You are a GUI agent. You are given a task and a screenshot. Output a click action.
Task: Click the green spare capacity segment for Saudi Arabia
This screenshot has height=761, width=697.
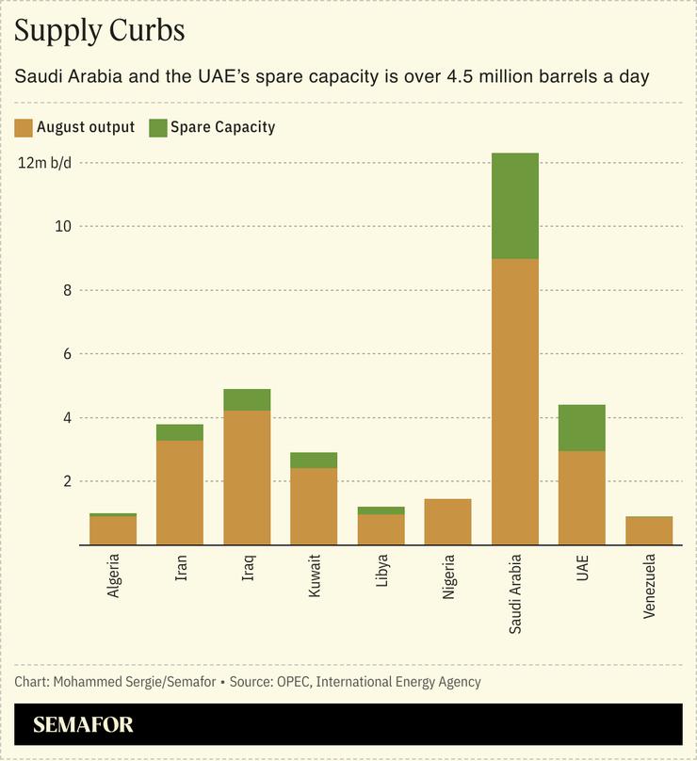click(514, 205)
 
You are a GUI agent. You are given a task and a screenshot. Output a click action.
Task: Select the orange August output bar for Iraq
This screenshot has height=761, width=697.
click(247, 477)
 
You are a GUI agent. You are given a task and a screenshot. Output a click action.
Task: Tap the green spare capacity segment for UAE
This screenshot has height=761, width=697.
click(581, 428)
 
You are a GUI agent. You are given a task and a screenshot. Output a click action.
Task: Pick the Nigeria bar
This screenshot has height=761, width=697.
click(447, 521)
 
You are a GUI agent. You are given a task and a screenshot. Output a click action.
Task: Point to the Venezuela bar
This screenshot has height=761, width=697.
click(649, 530)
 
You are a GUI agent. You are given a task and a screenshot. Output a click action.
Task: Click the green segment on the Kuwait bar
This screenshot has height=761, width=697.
click(314, 461)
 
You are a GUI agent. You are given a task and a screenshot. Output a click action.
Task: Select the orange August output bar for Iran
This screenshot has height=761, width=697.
click(180, 492)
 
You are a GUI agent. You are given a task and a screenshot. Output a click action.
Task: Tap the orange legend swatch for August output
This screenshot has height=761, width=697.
click(24, 127)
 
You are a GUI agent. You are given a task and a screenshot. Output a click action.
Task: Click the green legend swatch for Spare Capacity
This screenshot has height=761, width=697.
click(157, 127)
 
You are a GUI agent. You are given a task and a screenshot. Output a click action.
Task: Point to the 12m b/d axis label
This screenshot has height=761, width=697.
click(45, 162)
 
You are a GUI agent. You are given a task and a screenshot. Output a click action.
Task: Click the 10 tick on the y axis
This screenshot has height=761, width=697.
click(62, 226)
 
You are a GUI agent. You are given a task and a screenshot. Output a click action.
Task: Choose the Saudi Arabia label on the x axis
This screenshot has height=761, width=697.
click(515, 593)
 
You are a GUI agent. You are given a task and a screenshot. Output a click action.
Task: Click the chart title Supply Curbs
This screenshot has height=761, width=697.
click(99, 30)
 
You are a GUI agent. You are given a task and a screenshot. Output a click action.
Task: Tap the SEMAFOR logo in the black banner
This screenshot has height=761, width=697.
click(83, 725)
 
